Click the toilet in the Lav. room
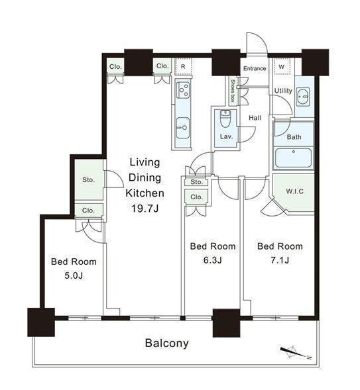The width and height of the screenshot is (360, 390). tap(226, 119)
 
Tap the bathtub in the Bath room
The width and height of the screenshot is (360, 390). tap(293, 158)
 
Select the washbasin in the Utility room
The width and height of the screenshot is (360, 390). tap(303, 97)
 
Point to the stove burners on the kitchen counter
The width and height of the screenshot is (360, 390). tap(183, 90)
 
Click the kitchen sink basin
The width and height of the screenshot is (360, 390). tap(183, 128)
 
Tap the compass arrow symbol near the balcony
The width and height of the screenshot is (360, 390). tap(296, 353)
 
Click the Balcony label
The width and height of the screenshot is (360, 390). tap(167, 343)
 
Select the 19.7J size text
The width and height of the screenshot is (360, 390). tap(145, 209)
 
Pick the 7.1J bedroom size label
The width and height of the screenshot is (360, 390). tap(280, 260)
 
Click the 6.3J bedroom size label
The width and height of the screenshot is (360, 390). tap(213, 260)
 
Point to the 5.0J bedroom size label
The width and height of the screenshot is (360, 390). tap(74, 275)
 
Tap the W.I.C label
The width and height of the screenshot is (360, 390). tap(295, 191)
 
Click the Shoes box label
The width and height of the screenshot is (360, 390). tap(233, 91)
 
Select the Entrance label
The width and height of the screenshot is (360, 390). tap(255, 68)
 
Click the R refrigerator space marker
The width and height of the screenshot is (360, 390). tap(183, 67)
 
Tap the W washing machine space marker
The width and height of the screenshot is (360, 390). tap(282, 67)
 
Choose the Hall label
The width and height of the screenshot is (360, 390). tap(255, 118)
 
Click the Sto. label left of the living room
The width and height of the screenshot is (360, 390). tap(88, 179)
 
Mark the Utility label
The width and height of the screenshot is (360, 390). tap(283, 91)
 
